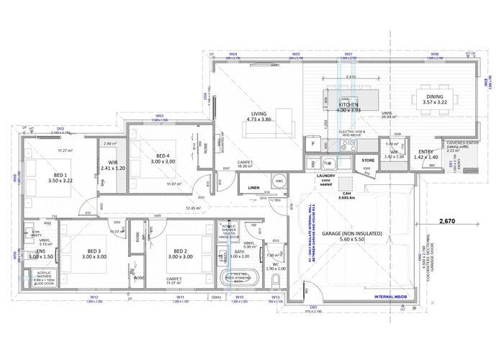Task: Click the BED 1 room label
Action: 55,175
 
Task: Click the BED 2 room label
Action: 177,251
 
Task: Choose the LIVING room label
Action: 258,113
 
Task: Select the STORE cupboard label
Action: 368,160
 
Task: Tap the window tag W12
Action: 94,297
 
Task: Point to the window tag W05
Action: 295,55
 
